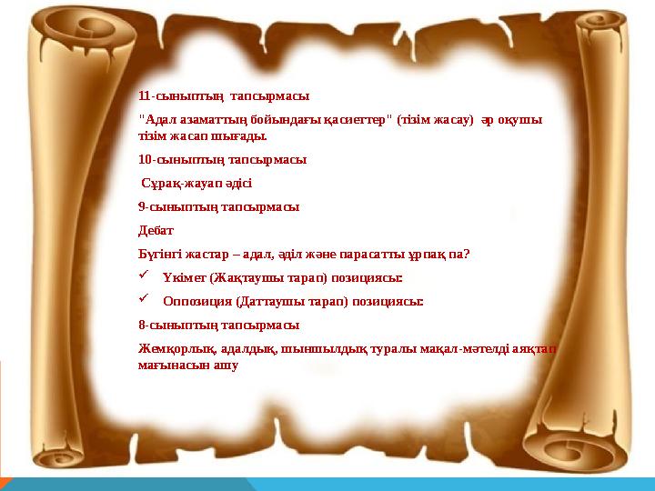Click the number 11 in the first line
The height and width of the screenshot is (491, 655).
145,95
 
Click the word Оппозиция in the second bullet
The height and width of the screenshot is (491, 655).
196,301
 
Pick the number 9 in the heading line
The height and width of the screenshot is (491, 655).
142,206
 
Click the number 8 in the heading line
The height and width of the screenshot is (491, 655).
142,325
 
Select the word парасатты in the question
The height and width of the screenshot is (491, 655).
376,254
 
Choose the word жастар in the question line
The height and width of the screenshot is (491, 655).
212,254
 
